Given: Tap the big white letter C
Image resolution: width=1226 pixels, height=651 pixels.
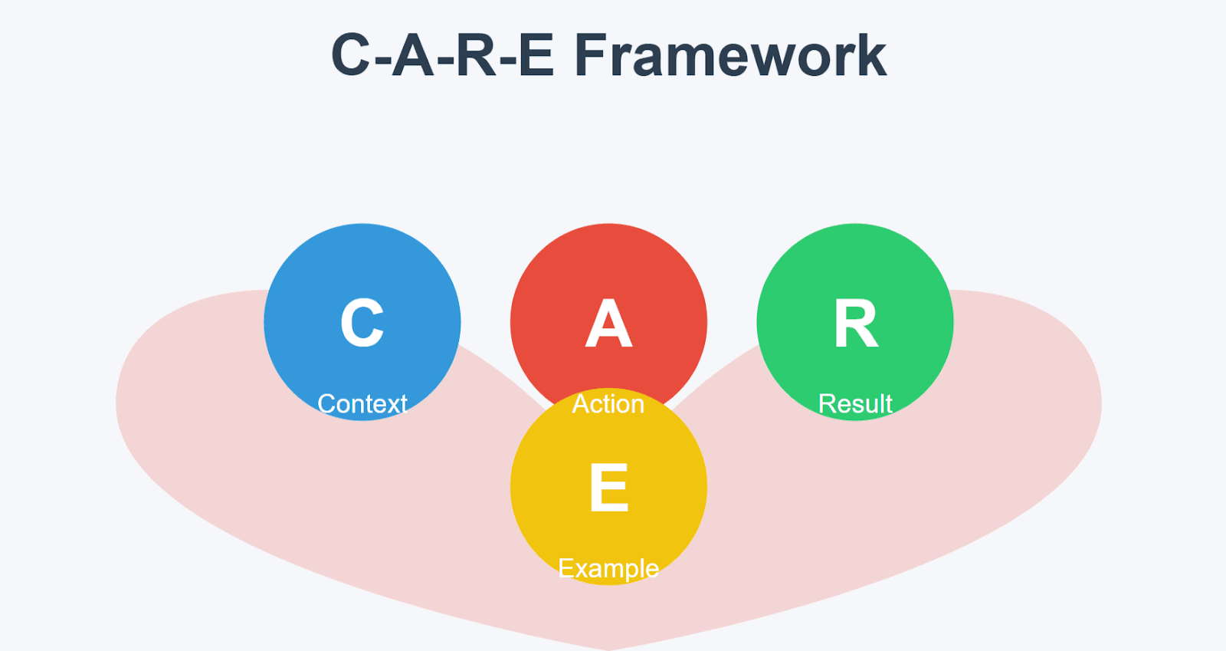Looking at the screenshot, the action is pyautogui.click(x=362, y=323).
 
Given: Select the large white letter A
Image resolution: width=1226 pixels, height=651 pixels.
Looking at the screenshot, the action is pyautogui.click(x=608, y=323).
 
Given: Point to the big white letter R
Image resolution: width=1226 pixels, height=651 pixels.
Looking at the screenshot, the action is pyautogui.click(x=856, y=323).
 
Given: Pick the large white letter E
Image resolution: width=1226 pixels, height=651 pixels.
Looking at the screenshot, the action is pyautogui.click(x=608, y=488).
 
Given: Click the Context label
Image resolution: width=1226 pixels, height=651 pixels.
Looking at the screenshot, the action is pyautogui.click(x=362, y=404).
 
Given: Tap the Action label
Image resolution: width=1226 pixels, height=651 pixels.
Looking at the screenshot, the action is pyautogui.click(x=608, y=404).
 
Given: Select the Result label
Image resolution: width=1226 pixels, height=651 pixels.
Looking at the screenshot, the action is pyautogui.click(x=855, y=404).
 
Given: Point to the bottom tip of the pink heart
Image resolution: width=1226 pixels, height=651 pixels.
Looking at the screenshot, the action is pyautogui.click(x=608, y=650).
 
